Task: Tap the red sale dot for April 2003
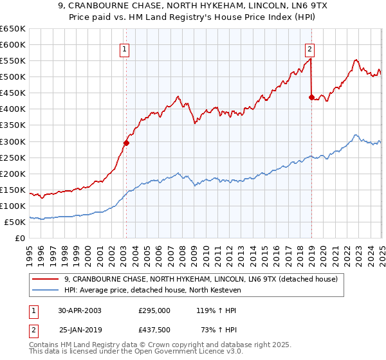126,143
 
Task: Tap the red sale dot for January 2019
311,97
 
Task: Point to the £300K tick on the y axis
13,141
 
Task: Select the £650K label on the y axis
13,29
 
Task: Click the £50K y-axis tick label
15,222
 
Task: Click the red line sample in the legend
46,280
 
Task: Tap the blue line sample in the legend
46,291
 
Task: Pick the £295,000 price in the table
154,310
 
